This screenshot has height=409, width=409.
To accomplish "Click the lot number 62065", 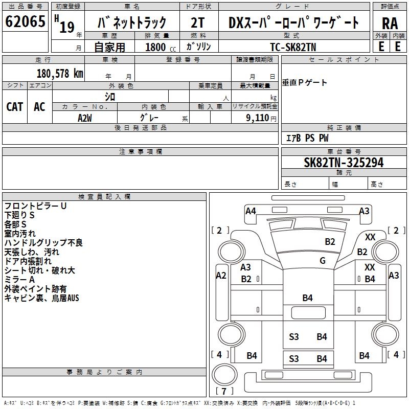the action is [25, 22].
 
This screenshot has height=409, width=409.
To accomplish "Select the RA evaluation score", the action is [390, 23].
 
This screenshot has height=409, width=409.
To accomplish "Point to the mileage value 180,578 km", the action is [60, 74].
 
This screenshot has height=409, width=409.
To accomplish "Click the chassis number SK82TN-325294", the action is [344, 163].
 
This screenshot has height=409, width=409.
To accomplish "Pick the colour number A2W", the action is [85, 118].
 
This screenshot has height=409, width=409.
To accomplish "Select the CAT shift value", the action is [15, 106].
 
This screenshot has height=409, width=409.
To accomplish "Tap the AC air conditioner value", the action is [39, 106].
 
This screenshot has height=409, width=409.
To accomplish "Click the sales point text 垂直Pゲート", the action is [305, 83].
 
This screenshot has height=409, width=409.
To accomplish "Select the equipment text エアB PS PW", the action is [307, 138].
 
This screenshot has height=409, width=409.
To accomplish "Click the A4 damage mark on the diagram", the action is [251, 211].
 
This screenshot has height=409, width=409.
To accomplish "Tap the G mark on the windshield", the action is [323, 261].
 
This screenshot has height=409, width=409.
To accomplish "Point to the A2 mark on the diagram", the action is [221, 276].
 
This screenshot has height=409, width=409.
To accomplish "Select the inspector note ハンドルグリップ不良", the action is [43, 243].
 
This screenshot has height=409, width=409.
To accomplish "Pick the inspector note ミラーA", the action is [19, 280].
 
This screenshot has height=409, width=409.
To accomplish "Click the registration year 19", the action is [66, 27].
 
